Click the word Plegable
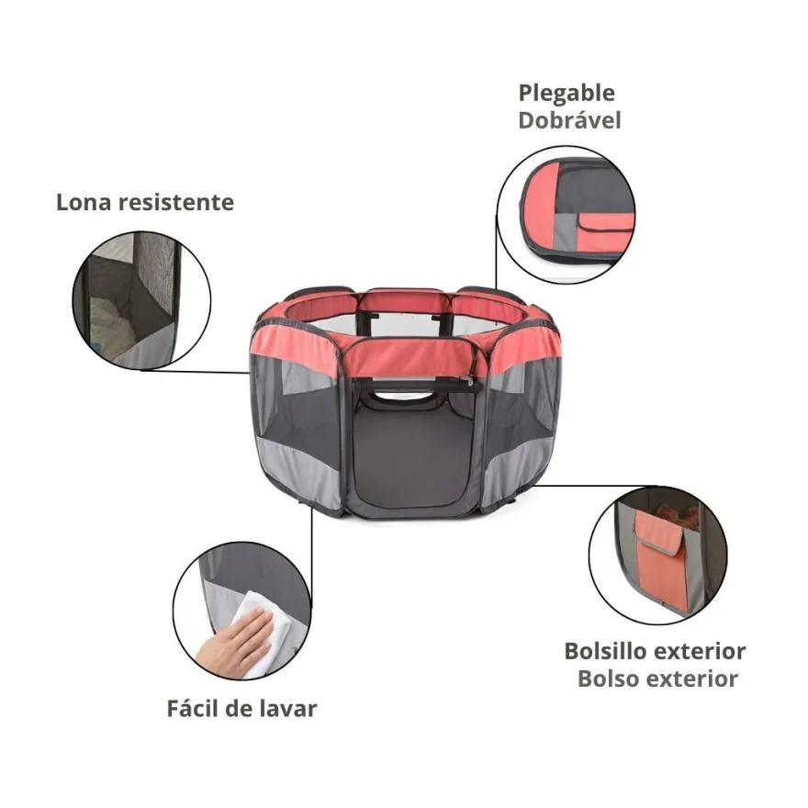pos(567,94)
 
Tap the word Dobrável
pos(569,120)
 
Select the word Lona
pos(84,202)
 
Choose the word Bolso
pos(608,679)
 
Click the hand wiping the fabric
pos(233,640)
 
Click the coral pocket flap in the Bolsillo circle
pos(660,533)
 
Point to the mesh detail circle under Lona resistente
pos(141,300)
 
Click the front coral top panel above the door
pos(410,355)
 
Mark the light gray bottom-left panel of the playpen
pos(297,473)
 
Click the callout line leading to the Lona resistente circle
pos(196,371)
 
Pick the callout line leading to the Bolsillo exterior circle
pos(596,485)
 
